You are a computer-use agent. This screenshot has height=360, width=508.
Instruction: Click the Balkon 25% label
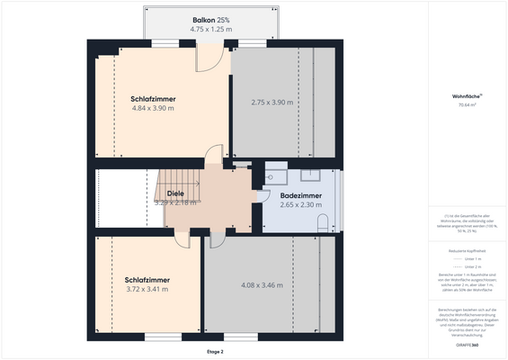211,20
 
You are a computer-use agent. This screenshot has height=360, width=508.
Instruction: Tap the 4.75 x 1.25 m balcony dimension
211,29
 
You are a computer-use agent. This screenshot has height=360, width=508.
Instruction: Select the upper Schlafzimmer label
153,99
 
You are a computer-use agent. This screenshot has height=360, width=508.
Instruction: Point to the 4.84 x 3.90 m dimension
153,108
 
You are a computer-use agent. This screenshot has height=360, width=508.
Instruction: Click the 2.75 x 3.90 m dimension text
272,103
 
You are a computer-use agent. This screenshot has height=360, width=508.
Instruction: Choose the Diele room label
175,193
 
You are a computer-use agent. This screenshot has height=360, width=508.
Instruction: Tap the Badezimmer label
301,195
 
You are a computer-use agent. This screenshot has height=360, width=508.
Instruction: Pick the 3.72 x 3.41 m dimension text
147,290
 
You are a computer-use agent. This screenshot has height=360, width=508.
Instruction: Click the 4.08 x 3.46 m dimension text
262,285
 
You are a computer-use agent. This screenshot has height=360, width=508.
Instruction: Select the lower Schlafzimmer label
147,280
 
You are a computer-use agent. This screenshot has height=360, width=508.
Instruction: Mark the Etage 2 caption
215,351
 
